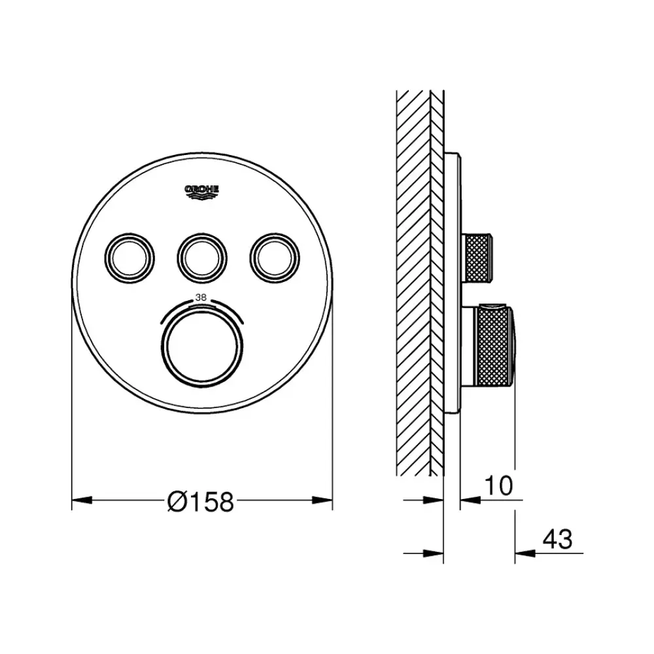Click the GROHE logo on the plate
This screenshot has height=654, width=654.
(x=202, y=192)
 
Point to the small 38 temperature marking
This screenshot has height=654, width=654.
(x=201, y=298)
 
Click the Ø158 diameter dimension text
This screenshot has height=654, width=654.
(x=201, y=502)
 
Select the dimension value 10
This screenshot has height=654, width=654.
(x=498, y=485)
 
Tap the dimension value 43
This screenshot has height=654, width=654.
(x=557, y=540)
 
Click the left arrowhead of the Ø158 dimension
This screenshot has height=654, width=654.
(x=82, y=500)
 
